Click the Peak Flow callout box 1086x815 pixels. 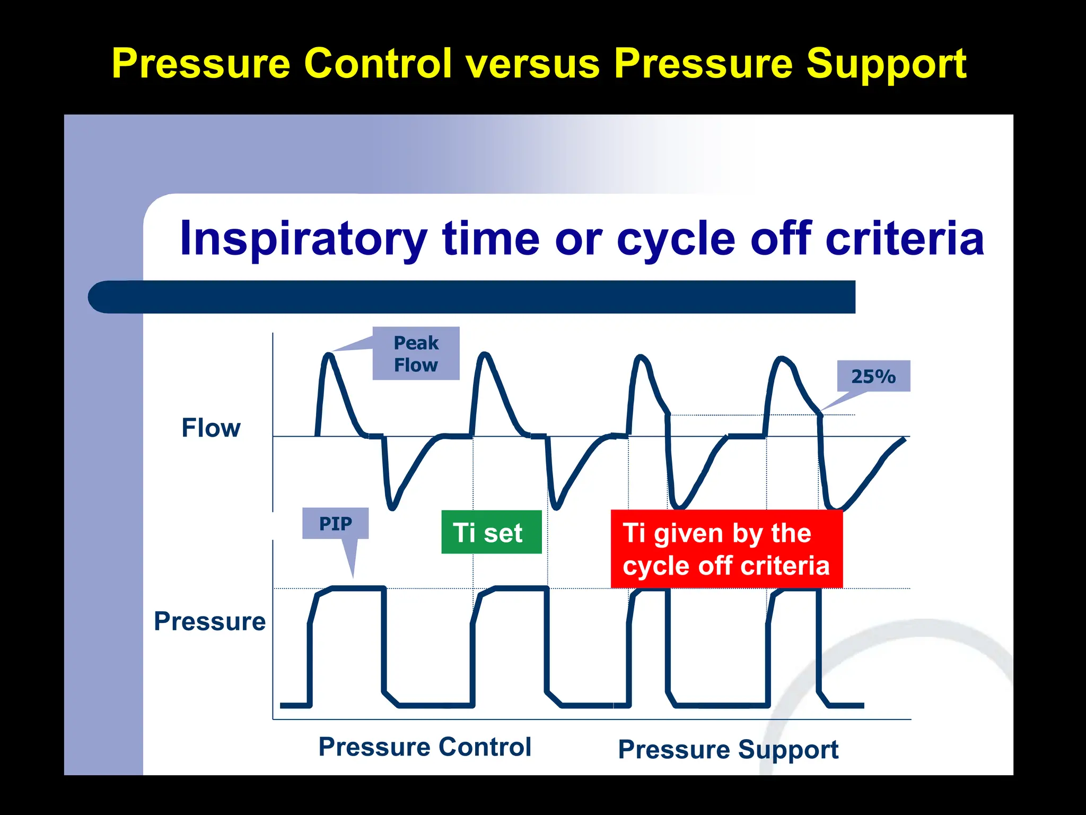[416, 353]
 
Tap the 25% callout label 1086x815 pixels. [873, 376]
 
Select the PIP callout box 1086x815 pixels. [335, 523]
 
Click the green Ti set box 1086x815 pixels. [491, 532]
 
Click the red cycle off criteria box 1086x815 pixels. [726, 549]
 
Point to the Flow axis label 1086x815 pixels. [211, 428]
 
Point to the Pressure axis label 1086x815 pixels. [209, 621]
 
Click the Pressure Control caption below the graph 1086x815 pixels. [425, 747]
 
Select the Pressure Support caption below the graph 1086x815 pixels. [728, 749]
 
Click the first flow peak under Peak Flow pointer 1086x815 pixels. [329, 354]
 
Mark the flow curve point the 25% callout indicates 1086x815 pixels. [820, 413]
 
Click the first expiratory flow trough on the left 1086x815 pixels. [392, 507]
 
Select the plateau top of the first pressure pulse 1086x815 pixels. [358, 588]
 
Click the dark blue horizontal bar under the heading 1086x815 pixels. [472, 297]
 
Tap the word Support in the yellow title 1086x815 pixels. [886, 64]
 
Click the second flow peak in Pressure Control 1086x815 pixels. [485, 354]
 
